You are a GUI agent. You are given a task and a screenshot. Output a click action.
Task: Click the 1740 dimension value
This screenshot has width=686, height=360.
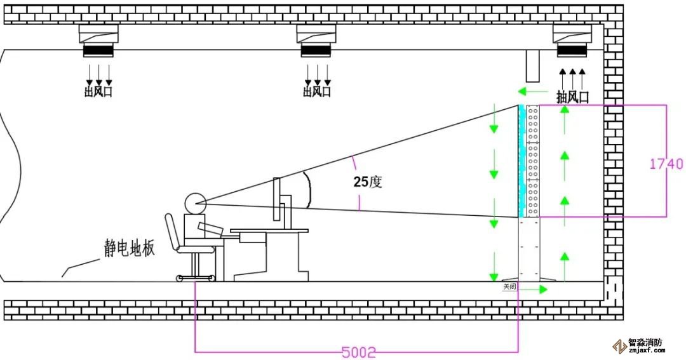[x=666, y=164]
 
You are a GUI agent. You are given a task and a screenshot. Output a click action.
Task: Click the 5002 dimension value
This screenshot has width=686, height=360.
[x=359, y=351]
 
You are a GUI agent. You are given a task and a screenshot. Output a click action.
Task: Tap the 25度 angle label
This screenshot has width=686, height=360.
[x=368, y=182]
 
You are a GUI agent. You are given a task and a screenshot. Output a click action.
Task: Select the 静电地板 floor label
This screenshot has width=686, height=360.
[x=130, y=248]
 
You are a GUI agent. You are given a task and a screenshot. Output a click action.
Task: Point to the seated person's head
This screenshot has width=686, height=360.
[x=195, y=203]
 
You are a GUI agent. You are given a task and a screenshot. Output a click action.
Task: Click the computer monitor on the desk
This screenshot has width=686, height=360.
[x=277, y=199]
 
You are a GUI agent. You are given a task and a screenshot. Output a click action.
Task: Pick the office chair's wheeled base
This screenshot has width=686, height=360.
[x=196, y=277]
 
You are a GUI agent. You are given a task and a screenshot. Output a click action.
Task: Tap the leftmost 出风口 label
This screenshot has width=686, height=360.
[x=98, y=91]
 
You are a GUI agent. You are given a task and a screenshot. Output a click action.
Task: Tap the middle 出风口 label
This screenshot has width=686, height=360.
[x=317, y=91]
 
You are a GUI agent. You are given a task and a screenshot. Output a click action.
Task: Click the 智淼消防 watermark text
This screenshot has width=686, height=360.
[x=645, y=342]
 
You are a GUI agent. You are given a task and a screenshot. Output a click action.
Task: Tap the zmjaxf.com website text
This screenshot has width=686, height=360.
[x=645, y=350]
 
